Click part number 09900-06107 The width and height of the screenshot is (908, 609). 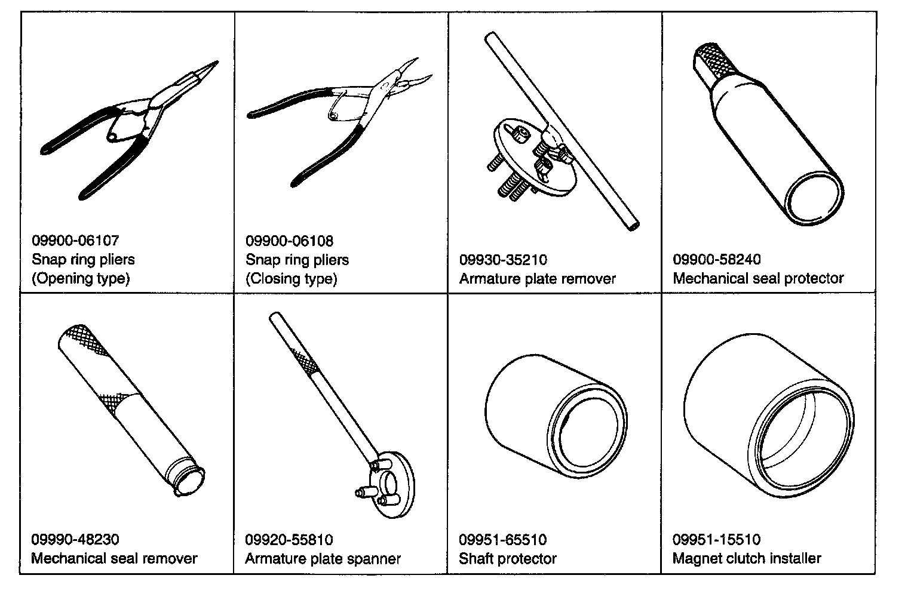pos(75,241)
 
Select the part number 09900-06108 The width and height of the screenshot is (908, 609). pos(289,241)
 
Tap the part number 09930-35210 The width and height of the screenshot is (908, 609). pos(503,260)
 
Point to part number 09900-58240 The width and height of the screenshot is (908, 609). pos(717,260)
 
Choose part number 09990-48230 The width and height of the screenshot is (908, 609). pos(75,540)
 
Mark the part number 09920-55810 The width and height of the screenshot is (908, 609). pos(289,540)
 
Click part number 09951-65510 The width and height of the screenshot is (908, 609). pos(503,540)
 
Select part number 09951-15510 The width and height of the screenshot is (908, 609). pos(717,540)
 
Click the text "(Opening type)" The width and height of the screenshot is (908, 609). pos(80,278)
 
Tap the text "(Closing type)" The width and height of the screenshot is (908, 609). pos(292,279)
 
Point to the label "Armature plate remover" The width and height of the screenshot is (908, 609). pos(537,279)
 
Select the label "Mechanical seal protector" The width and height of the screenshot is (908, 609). pos(758,278)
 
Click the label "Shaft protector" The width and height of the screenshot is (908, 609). pos(508,559)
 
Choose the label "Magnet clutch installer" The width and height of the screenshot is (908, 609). pos(747,559)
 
